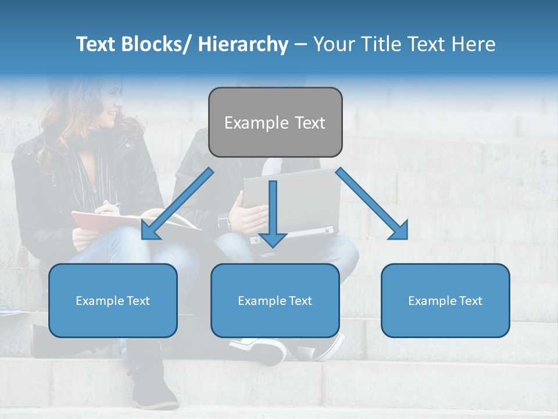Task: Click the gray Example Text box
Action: pos(275,122)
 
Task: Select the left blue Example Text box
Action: pos(113,300)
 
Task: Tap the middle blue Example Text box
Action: pos(275,300)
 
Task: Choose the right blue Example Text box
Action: pos(445,300)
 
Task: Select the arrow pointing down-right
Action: pos(372,204)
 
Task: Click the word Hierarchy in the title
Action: pos(243,44)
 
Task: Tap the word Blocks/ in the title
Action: pos(159,44)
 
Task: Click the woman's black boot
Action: pos(153,384)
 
